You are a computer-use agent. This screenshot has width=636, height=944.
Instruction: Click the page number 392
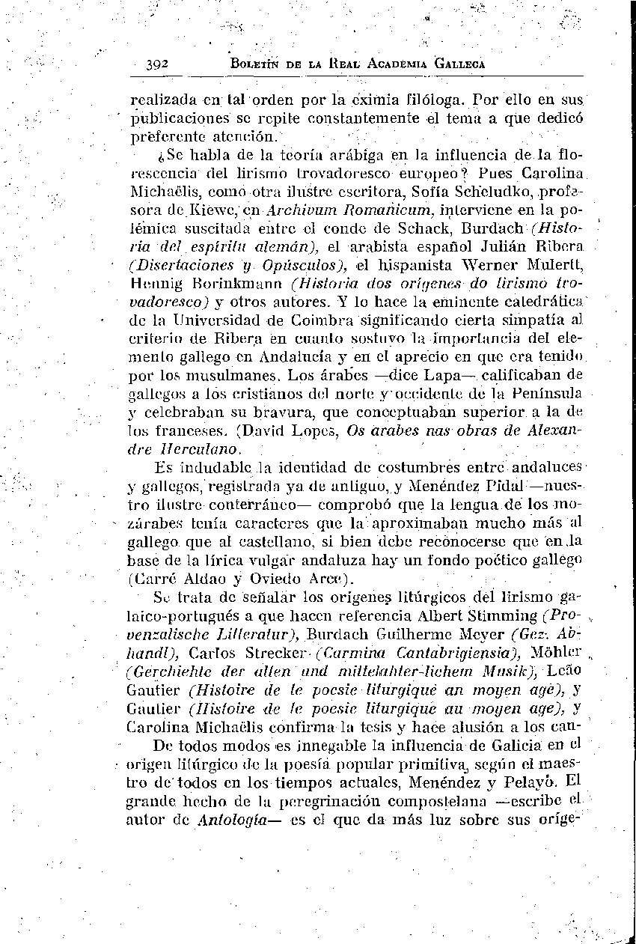click(x=158, y=64)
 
